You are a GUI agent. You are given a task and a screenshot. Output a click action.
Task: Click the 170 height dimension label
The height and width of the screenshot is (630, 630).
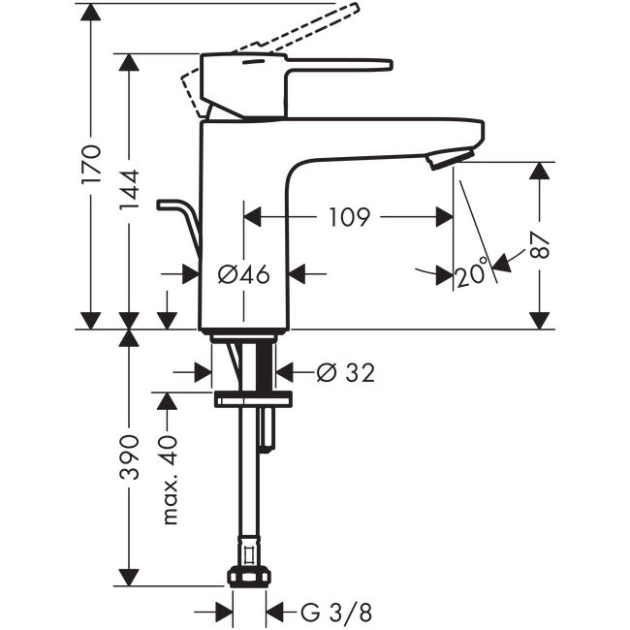pyautogui.click(x=91, y=165)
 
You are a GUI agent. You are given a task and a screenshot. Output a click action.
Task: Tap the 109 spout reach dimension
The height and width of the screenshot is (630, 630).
pyautogui.click(x=349, y=217)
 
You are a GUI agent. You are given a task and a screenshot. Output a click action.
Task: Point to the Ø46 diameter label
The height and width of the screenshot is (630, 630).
pyautogui.click(x=244, y=275)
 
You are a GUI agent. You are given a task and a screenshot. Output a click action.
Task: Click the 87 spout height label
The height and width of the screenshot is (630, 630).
pyautogui.click(x=540, y=246)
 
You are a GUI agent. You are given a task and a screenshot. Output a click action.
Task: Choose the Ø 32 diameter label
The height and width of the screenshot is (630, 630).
pyautogui.click(x=346, y=372)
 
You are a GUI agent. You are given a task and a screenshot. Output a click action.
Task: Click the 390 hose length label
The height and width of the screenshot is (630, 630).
pyautogui.click(x=129, y=457)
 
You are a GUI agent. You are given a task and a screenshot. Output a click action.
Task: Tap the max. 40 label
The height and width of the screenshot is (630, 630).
pyautogui.click(x=170, y=480)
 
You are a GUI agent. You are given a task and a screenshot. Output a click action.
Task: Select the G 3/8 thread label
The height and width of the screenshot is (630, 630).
pyautogui.click(x=336, y=614)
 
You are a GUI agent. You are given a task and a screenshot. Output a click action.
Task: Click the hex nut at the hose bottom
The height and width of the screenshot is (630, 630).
pyautogui.click(x=249, y=577)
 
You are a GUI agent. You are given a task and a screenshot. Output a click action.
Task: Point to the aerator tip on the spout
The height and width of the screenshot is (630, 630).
pyautogui.click(x=450, y=158)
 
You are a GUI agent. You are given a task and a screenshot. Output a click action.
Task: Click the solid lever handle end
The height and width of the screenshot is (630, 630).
pyautogui.click(x=379, y=65)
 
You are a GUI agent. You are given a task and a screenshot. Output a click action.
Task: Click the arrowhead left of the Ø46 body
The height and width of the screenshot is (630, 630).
pyautogui.click(x=191, y=274)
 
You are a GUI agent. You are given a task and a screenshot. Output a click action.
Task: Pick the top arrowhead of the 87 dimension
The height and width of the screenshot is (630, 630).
pyautogui.click(x=539, y=172)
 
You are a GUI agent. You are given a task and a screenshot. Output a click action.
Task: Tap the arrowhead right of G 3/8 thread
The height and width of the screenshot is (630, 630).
pyautogui.click(x=275, y=614)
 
